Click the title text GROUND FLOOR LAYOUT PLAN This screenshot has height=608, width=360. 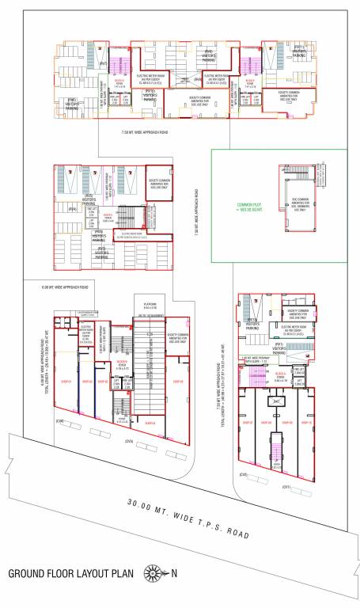pyautogui.click(x=70, y=574)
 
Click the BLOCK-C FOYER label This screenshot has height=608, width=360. pyautogui.click(x=123, y=345)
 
